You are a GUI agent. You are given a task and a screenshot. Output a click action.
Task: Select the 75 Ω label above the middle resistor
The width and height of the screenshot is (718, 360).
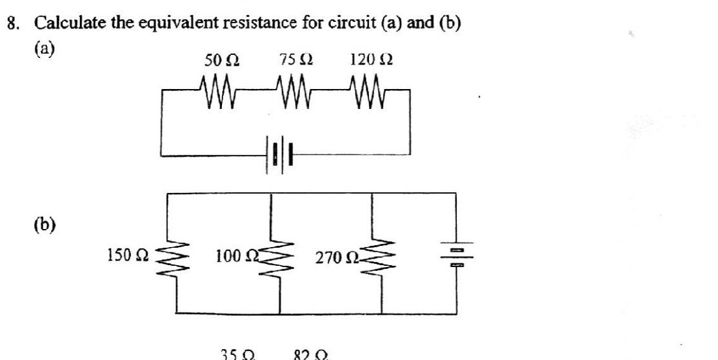point(297,62)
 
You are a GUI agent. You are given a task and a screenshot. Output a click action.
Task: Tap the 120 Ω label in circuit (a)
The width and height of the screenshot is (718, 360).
point(371,62)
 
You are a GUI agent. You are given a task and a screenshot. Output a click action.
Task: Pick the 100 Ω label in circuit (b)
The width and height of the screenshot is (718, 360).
point(235,258)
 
